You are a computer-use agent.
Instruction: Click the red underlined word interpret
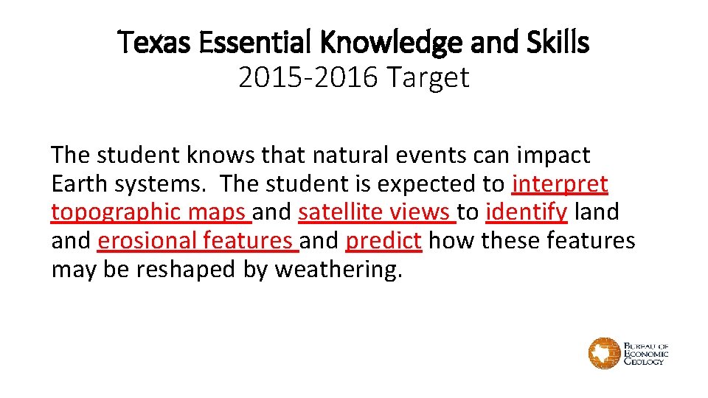(x=560, y=184)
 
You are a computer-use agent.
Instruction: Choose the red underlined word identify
(x=527, y=212)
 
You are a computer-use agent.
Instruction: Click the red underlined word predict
(x=383, y=241)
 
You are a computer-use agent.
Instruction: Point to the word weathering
(x=339, y=270)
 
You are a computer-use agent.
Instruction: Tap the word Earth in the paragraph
(x=77, y=184)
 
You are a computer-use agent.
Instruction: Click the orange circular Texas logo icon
(x=604, y=354)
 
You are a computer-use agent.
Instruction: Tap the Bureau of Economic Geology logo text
(x=646, y=354)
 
